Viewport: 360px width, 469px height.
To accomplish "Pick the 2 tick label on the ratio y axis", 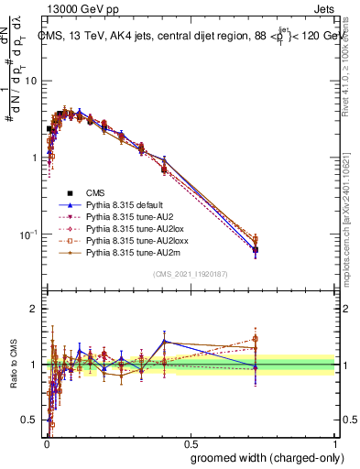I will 35,309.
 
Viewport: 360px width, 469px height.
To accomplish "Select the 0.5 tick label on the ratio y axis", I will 30,420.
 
